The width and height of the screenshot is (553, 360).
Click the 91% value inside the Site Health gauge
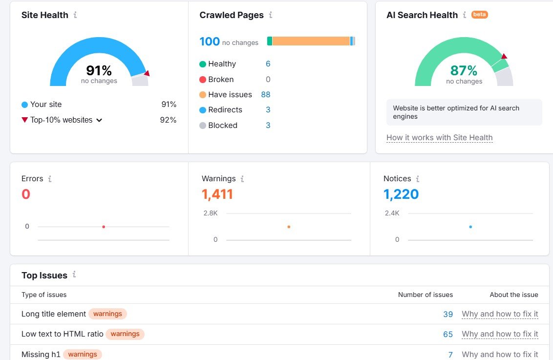pyautogui.click(x=99, y=70)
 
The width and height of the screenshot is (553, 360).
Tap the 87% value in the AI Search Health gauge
pyautogui.click(x=464, y=70)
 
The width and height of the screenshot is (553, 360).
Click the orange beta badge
pyautogui.click(x=479, y=15)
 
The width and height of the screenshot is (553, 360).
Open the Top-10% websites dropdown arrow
pyautogui.click(x=99, y=120)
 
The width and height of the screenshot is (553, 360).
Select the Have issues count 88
pyautogui.click(x=265, y=95)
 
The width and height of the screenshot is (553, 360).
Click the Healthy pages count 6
pyautogui.click(x=268, y=64)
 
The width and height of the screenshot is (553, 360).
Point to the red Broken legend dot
pyautogui.click(x=203, y=80)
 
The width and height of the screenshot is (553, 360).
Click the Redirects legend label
pyautogui.click(x=225, y=110)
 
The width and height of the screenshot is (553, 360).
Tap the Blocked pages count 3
pyautogui.click(x=268, y=126)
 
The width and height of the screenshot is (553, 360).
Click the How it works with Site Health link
pyautogui.click(x=439, y=138)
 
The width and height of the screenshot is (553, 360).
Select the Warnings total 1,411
pyautogui.click(x=217, y=194)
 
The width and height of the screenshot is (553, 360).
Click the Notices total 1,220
pyautogui.click(x=401, y=194)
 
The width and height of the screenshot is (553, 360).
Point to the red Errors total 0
pyautogui.click(x=26, y=194)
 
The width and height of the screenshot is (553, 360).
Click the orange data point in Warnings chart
pyautogui.click(x=289, y=227)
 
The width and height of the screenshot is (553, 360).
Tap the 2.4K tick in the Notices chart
pyautogui.click(x=392, y=213)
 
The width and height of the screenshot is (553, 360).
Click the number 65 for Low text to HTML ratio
pyautogui.click(x=447, y=335)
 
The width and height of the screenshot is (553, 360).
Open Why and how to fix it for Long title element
pyautogui.click(x=500, y=314)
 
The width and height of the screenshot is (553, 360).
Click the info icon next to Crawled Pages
pyautogui.click(x=271, y=15)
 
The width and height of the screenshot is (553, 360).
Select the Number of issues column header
pyautogui.click(x=425, y=295)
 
